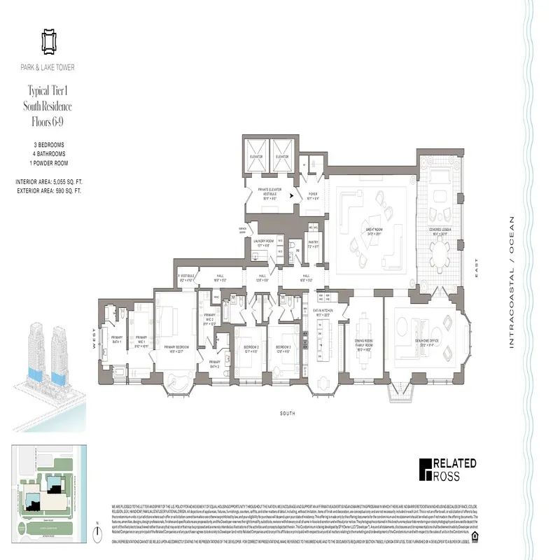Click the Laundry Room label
click(262, 242)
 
